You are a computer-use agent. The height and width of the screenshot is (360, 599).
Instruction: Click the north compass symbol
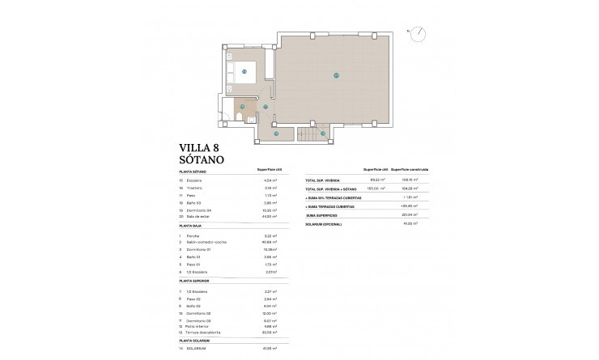[418, 33]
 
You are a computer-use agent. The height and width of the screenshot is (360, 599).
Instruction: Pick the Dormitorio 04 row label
[201, 210]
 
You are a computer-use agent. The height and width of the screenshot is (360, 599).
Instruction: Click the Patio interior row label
[199, 327]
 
